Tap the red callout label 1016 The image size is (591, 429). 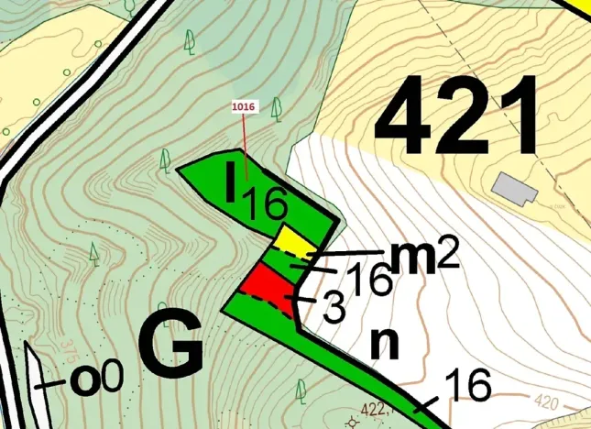coord(245,107)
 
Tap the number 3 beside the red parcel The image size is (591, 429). coord(335,309)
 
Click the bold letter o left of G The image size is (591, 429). coord(84,379)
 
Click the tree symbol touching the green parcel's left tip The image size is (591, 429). coord(165,160)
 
